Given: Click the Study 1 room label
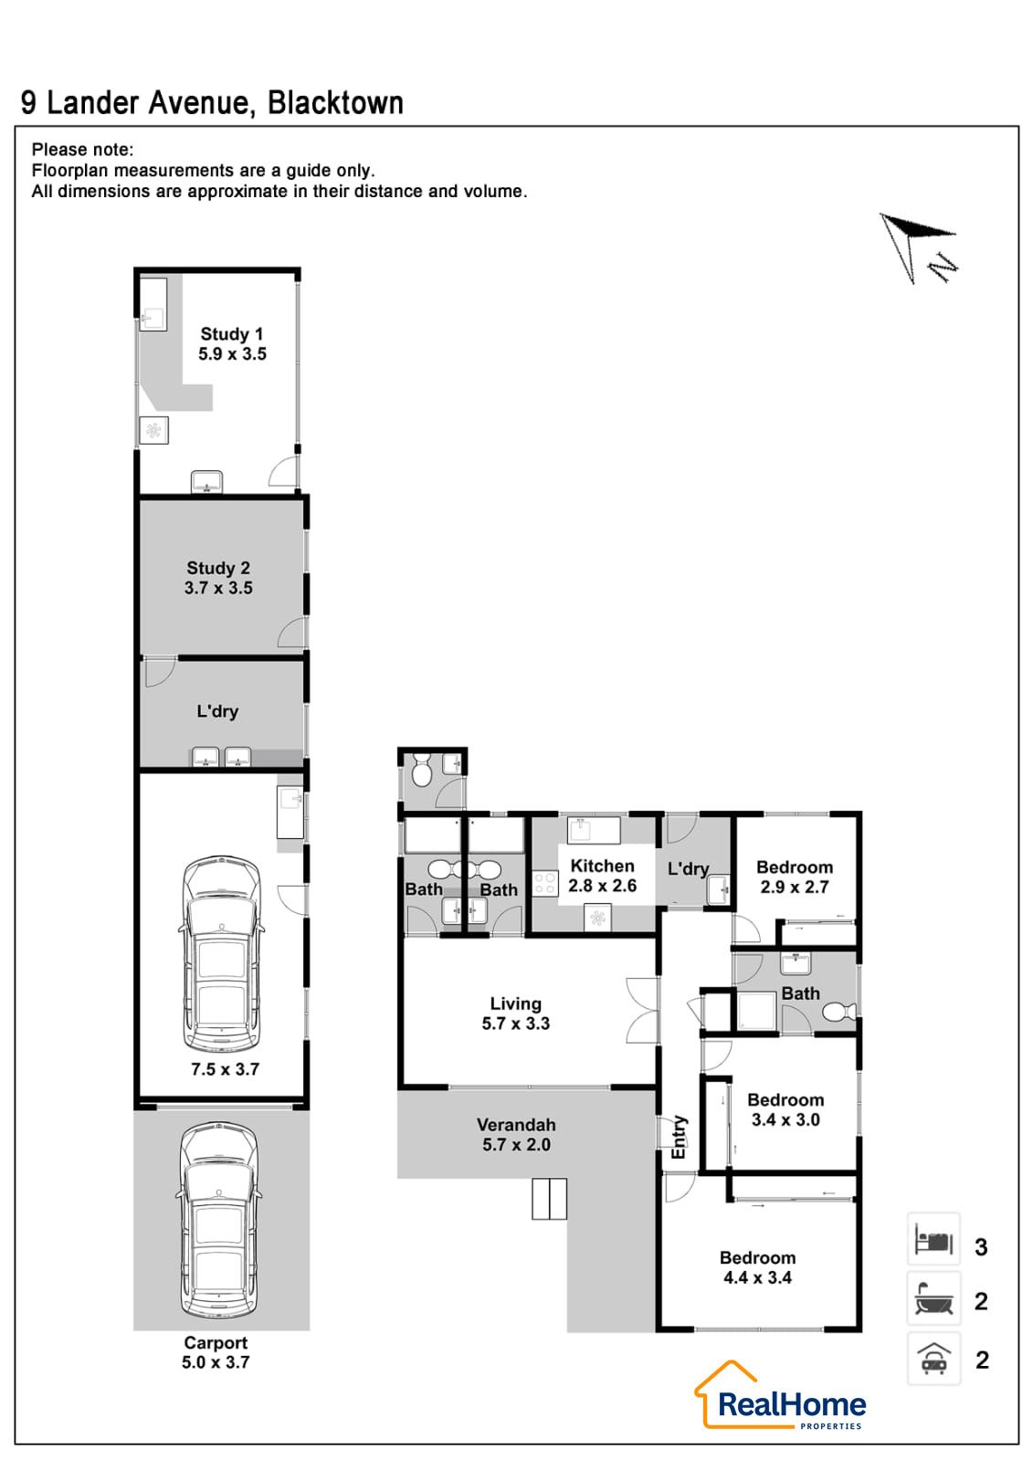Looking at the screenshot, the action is point(231,333).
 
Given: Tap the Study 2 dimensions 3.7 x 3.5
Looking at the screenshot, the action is point(218,588).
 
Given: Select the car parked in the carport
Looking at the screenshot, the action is point(218,1220).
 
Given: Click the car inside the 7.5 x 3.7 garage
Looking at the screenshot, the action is point(222,953).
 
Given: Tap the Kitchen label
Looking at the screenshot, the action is point(602,866).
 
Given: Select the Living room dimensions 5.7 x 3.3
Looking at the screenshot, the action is point(516,1024).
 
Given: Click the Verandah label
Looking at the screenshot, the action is point(516,1125).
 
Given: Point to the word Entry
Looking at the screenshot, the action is point(679,1138).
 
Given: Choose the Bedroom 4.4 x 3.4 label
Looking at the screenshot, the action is point(757,1267).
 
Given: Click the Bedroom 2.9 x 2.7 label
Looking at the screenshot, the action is point(795,877).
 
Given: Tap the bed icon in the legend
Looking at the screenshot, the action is point(933,1238).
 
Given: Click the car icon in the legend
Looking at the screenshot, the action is point(933,1359).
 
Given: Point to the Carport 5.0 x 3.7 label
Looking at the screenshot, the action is point(216,1352).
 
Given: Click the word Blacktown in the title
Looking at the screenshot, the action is point(335,103).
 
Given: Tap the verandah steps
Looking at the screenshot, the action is point(549,1199).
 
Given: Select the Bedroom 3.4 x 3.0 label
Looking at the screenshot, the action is point(785,1110).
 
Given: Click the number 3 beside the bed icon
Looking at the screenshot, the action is point(981,1247).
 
